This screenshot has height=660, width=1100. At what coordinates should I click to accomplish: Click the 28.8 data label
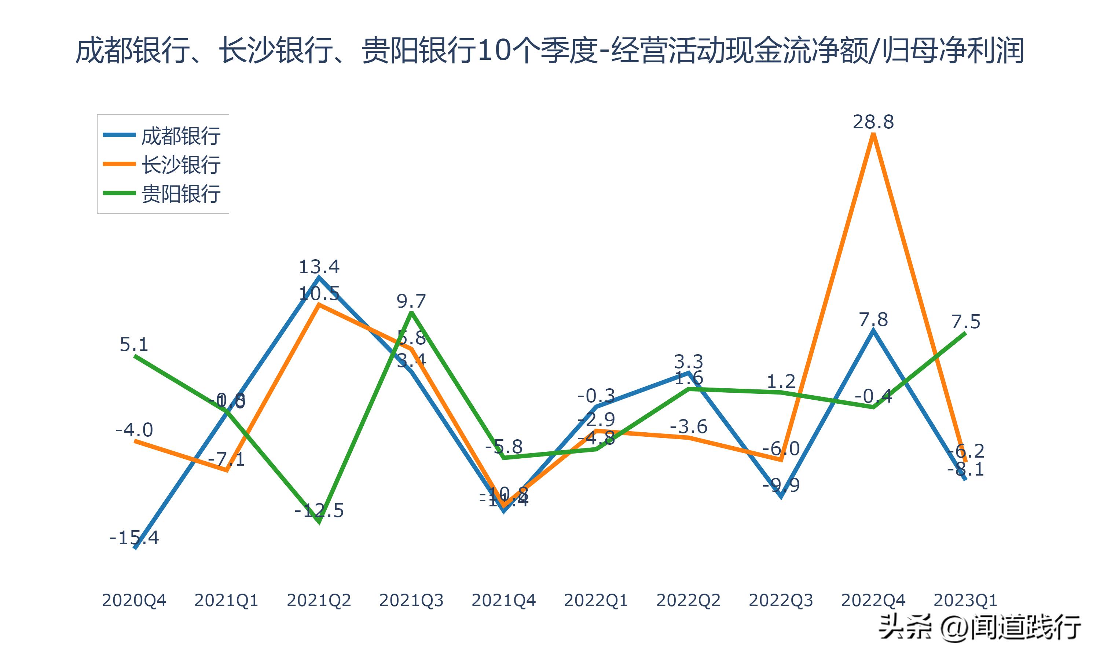(x=873, y=122)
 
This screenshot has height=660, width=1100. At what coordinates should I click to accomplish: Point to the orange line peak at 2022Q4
(x=874, y=135)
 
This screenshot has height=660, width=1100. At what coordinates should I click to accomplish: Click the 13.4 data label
(x=319, y=267)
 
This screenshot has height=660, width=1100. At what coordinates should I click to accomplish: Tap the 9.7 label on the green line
(x=411, y=301)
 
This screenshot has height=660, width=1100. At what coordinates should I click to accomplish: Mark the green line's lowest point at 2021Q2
(x=319, y=521)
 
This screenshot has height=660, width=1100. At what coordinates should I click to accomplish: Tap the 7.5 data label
(x=966, y=322)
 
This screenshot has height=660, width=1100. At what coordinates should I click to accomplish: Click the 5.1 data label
(x=134, y=345)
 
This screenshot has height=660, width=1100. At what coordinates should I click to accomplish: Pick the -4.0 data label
(x=134, y=430)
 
